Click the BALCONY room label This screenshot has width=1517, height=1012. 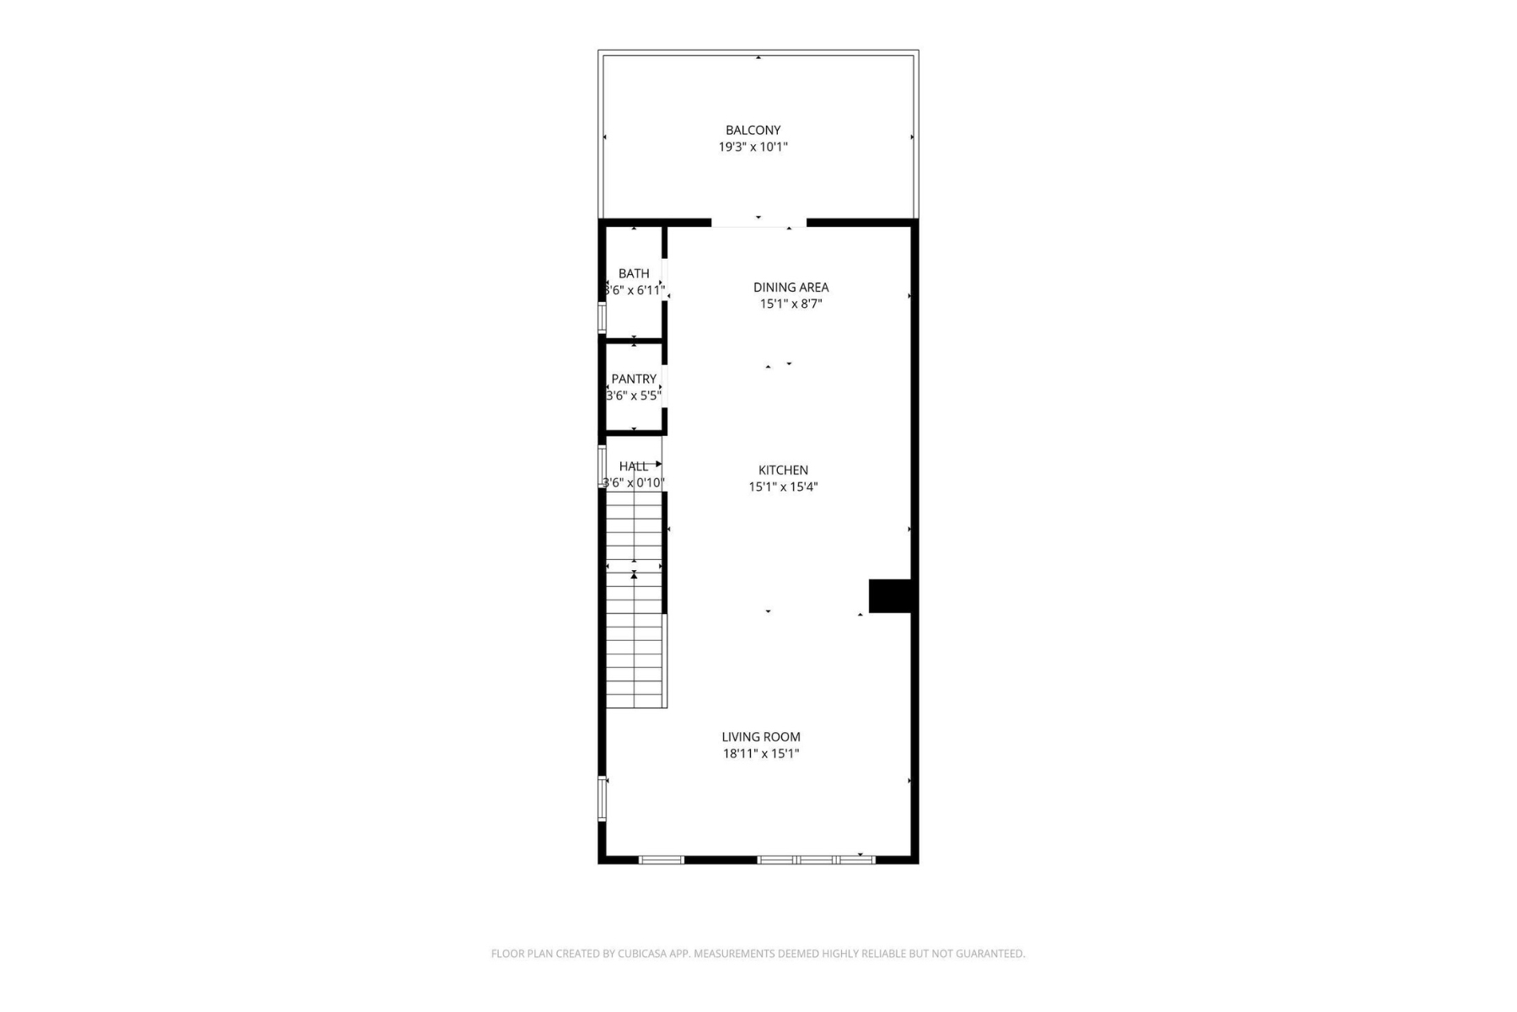point(753,130)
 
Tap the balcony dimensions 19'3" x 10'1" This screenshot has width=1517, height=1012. point(753,147)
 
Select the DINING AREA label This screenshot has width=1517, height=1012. point(791,288)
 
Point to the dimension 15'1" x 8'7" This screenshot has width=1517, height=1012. point(791,304)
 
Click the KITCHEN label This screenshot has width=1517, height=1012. point(783,471)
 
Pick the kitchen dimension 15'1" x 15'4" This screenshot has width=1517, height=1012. point(783,487)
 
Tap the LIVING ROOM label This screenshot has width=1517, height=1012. point(760,737)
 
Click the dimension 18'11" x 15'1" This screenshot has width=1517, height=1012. point(760,753)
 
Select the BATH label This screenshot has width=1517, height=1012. point(634,273)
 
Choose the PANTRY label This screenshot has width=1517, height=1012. point(634,379)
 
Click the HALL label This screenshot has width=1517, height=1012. point(633,466)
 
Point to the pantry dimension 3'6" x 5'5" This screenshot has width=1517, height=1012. point(634,395)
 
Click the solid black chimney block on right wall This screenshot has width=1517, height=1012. point(890,595)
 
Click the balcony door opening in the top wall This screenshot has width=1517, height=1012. point(758,223)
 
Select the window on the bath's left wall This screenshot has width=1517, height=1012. point(602,317)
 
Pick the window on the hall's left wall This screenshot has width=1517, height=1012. point(602,466)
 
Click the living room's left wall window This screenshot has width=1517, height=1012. point(602,798)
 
